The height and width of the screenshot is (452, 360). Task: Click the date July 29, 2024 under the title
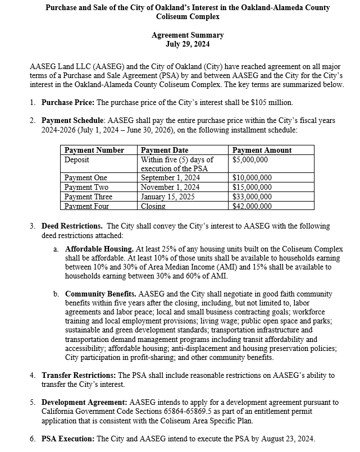[188, 44]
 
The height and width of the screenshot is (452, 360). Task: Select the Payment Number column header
[94, 150]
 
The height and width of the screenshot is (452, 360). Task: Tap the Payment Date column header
[165, 150]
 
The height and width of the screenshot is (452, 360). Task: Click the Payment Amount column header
[262, 150]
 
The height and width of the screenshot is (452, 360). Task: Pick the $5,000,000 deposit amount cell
[250, 159]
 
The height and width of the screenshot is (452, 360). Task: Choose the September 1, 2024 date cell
[170, 178]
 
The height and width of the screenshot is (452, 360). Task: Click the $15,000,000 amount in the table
[252, 188]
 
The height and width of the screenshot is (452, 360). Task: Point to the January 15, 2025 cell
[167, 197]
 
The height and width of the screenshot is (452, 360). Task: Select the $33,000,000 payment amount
[252, 197]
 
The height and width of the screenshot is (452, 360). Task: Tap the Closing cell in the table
[153, 206]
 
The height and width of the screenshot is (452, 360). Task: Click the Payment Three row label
[88, 197]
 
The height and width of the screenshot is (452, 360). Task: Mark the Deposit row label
[78, 159]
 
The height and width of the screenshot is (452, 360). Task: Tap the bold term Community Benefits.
[101, 294]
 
